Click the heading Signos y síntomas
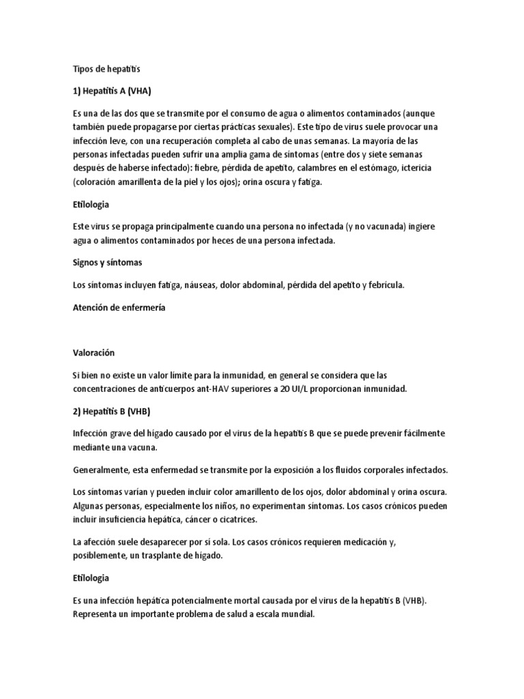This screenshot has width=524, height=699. (107, 262)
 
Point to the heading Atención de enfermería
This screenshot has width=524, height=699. (119, 307)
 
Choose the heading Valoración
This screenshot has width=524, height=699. (93, 352)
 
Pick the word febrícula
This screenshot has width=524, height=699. (386, 285)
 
